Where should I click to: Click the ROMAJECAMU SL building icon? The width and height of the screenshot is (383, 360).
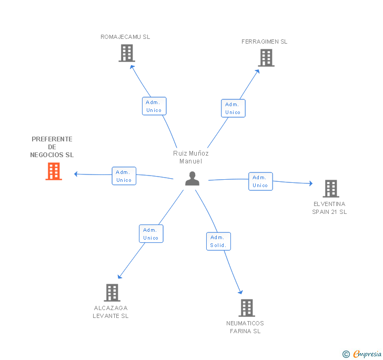pos(127,53)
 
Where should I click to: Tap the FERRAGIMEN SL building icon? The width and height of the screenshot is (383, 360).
pos(266,58)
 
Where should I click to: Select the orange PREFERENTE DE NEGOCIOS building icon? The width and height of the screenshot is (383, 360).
pos(54,171)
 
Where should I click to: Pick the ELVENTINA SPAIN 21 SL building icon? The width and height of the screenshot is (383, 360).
pos(330,188)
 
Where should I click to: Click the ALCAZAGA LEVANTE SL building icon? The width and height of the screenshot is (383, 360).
pos(112,293)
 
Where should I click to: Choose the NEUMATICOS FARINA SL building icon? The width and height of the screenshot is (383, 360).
pos(246,308)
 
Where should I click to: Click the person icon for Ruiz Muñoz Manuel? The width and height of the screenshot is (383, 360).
pos(193,179)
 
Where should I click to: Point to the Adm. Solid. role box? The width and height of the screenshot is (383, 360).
pos(218,241)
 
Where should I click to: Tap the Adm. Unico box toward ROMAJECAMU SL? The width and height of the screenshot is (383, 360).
pos(154,106)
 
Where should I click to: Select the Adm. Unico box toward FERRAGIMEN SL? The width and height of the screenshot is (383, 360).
pos(233,108)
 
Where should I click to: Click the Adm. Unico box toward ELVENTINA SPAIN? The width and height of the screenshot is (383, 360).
pos(260,181)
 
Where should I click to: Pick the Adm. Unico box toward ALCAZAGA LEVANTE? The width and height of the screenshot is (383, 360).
pos(151,234)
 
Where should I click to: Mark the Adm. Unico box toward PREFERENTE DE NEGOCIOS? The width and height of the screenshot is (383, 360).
pos(124,176)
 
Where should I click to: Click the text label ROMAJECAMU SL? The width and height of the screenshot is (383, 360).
pos(125,37)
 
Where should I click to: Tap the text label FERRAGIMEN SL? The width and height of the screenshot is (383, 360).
pos(265,42)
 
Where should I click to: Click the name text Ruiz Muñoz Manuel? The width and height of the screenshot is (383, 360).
pos(191,157)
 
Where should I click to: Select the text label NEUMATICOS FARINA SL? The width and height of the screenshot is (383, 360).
pos(245,327)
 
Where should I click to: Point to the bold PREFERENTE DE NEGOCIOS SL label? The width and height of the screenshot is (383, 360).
pos(52,147)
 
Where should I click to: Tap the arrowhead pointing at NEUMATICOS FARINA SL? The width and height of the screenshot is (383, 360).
pos(241,292)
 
